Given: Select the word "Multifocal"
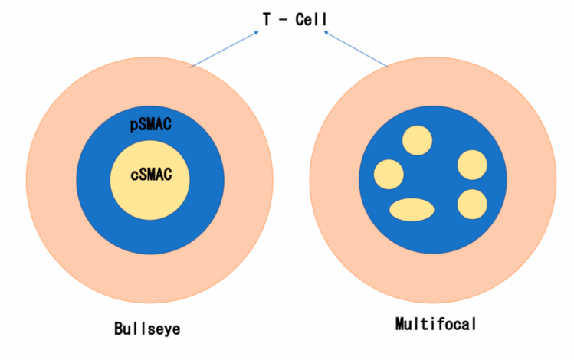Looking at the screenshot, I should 435,324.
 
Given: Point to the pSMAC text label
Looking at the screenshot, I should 150,125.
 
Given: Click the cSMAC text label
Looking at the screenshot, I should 150,175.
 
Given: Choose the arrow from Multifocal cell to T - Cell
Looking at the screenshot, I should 356,51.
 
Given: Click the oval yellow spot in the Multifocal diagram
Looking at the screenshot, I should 412,208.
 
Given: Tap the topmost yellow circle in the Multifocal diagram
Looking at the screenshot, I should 418,140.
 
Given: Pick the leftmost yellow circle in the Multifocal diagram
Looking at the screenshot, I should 388,175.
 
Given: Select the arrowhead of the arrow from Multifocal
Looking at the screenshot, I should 326,34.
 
